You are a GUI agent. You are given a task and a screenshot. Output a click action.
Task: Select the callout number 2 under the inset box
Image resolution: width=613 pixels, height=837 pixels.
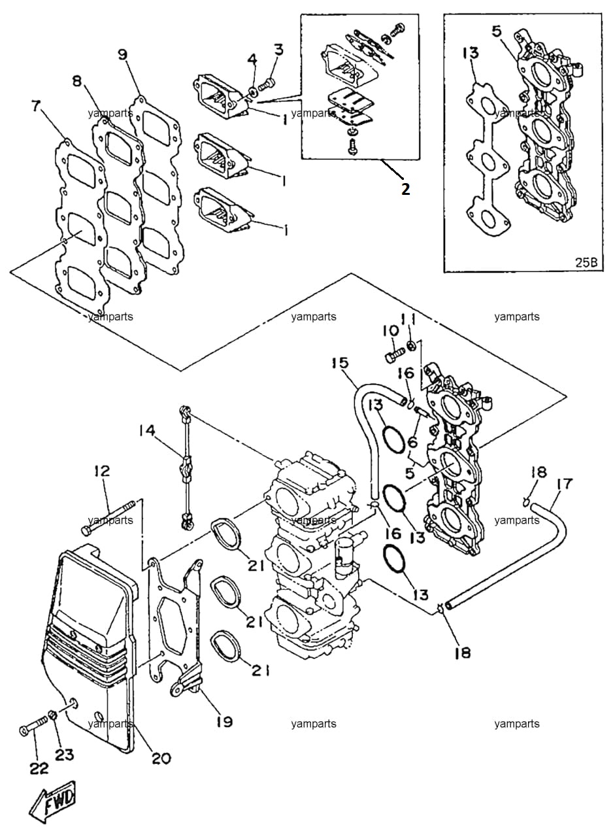pos(405,189)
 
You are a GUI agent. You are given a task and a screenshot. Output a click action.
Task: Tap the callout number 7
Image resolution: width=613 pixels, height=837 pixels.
pos(36,107)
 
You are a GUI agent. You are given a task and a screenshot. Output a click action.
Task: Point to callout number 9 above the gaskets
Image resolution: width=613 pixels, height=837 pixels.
pos(123,54)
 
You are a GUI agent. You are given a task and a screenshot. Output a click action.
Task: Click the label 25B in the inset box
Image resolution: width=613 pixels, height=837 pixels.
pos(586,262)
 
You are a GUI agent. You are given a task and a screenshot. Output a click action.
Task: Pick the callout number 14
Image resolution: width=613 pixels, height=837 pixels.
pos(147,431)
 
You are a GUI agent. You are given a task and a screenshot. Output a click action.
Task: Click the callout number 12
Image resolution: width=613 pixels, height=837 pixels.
pos(103,471)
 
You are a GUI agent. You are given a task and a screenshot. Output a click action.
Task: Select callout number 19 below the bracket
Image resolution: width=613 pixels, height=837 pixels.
pos(224,721)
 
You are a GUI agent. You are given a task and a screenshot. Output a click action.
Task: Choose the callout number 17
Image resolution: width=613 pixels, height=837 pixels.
pos(564,485)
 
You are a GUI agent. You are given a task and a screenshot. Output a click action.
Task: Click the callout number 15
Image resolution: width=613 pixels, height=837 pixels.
pos(340,363)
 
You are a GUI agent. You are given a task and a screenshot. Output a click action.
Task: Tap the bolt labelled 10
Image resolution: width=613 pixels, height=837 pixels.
pos(395,354)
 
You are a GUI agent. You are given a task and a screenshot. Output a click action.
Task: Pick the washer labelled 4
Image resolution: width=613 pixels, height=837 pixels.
pos(252,92)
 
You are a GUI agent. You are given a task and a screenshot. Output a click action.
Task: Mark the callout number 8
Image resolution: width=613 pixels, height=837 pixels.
pos(77,81)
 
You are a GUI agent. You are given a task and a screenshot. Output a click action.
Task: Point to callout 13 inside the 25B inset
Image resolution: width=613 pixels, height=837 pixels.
pos(471,53)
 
